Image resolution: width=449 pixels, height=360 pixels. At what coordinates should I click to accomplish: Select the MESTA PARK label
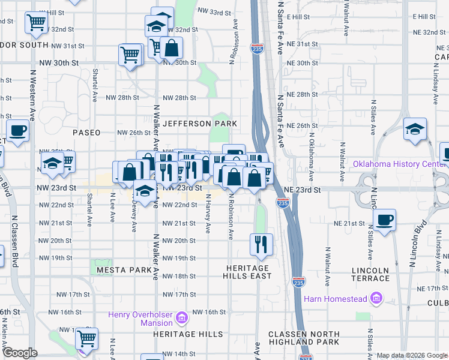pos(124,270)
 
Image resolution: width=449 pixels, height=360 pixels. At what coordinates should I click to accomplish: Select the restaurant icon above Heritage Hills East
pos(261,244)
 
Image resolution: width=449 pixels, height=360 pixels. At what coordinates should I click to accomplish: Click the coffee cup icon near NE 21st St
pos(384,219)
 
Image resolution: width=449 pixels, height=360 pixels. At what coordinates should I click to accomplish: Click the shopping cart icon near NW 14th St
pos(87,338)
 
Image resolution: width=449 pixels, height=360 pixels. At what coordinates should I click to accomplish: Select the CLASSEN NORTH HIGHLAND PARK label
pos(304,338)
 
